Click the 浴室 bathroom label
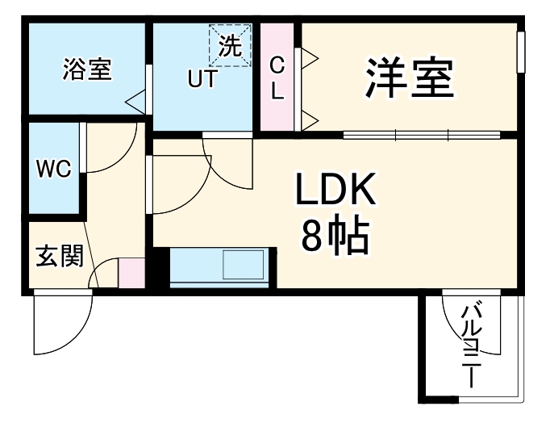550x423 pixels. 87,69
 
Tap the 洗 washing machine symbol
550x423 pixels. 229,46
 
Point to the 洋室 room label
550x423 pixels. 410,77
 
